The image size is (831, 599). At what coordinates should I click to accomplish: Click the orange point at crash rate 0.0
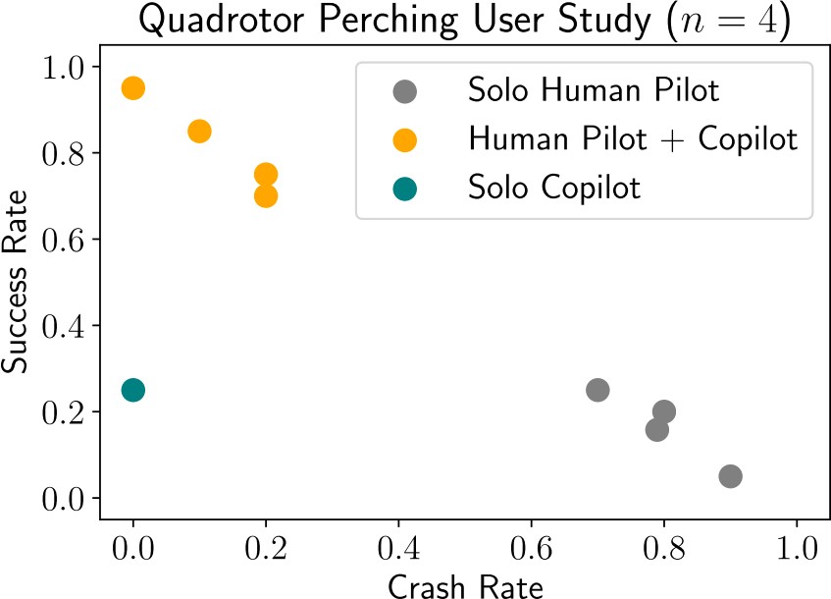[x=133, y=88]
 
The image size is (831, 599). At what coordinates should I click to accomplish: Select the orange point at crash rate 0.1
[x=199, y=132]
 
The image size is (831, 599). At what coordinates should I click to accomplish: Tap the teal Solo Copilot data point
[x=133, y=390]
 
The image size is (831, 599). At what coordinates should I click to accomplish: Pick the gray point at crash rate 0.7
[x=597, y=390]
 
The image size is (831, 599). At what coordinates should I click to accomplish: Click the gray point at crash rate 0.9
[x=730, y=476]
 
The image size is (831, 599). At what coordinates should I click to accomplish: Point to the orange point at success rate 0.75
[x=266, y=174]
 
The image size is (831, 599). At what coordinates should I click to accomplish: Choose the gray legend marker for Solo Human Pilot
[x=404, y=92]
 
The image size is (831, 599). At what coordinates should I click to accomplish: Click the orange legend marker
[x=404, y=139]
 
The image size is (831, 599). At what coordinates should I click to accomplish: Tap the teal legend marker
[x=404, y=187]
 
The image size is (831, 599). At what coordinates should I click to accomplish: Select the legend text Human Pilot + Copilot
[x=633, y=139]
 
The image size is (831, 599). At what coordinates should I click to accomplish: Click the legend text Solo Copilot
[x=554, y=187]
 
